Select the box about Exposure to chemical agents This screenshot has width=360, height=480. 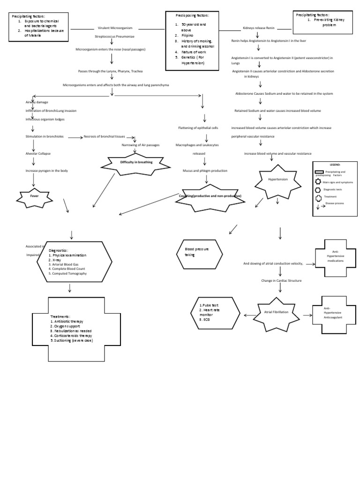pyautogui.click(x=40, y=27)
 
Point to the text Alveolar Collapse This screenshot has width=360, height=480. pyautogui.click(x=38, y=153)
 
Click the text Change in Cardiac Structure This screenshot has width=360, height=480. pyautogui.click(x=281, y=280)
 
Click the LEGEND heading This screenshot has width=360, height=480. pyautogui.click(x=335, y=165)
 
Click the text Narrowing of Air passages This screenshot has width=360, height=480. pyautogui.click(x=141, y=145)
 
